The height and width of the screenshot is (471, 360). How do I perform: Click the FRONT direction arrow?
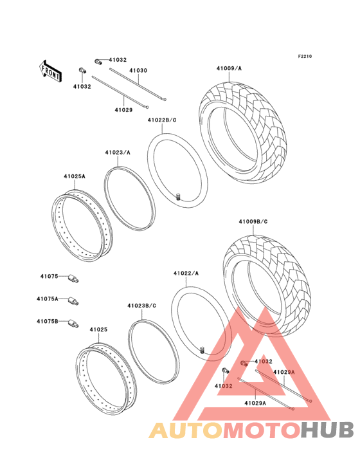pos(50,71)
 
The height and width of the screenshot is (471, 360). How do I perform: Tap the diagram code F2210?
pos(305,56)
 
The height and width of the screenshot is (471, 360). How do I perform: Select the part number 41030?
pos(138,71)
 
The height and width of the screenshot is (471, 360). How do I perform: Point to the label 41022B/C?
pos(162,120)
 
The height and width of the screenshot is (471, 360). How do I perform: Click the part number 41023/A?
pos(118,152)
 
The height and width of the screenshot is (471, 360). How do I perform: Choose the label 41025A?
pos(75,176)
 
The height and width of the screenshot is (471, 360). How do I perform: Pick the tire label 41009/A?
pos(230,68)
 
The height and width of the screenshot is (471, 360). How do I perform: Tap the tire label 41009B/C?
pos(253,222)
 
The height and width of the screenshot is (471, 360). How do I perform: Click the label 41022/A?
pos(186,273)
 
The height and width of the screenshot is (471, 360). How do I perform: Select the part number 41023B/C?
pos(142,306)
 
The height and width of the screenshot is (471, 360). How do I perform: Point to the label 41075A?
pos(48,299)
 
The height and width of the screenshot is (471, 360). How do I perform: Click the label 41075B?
pos(48,322)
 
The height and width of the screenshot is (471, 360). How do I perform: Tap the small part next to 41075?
pos(74,278)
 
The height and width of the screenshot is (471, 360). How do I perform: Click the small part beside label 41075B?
pos(73,324)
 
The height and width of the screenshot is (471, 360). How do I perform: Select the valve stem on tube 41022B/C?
pos(178,197)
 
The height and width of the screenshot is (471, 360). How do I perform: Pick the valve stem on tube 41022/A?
pos(203,350)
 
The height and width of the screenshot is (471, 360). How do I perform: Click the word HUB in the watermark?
pos(328,430)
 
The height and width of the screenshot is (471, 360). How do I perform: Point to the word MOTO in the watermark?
pos(262,430)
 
